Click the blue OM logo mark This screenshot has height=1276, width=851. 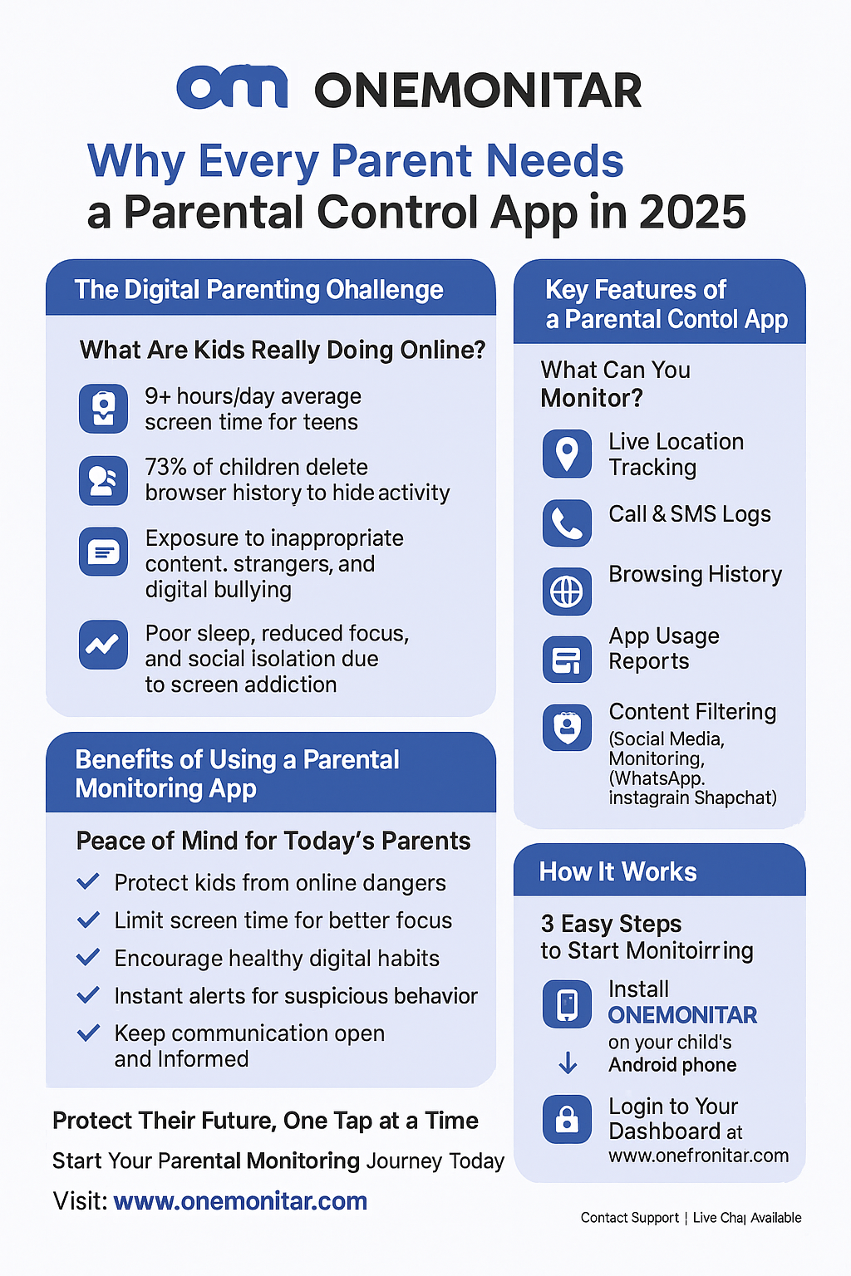[232, 86]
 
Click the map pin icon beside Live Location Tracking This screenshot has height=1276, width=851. [567, 454]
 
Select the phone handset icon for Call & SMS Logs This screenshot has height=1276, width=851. [567, 523]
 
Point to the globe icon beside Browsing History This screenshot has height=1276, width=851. [567, 591]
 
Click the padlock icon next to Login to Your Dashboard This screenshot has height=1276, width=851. [567, 1119]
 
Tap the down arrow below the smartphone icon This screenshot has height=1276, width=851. [568, 1063]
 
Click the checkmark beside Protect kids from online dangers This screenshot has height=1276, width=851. [88, 881]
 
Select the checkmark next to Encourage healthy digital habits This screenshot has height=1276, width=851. [88, 957]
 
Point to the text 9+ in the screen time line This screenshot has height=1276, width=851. [157, 396]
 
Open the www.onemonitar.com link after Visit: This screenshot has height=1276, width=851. [240, 1200]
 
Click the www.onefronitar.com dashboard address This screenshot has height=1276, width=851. [699, 1156]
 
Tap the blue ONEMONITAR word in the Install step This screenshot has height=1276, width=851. [682, 1014]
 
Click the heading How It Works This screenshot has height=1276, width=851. [617, 871]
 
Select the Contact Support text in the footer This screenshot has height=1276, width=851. [630, 1217]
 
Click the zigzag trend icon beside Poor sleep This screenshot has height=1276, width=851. [103, 645]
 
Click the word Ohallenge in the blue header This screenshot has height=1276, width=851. [384, 289]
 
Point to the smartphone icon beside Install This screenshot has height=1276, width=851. [567, 1004]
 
